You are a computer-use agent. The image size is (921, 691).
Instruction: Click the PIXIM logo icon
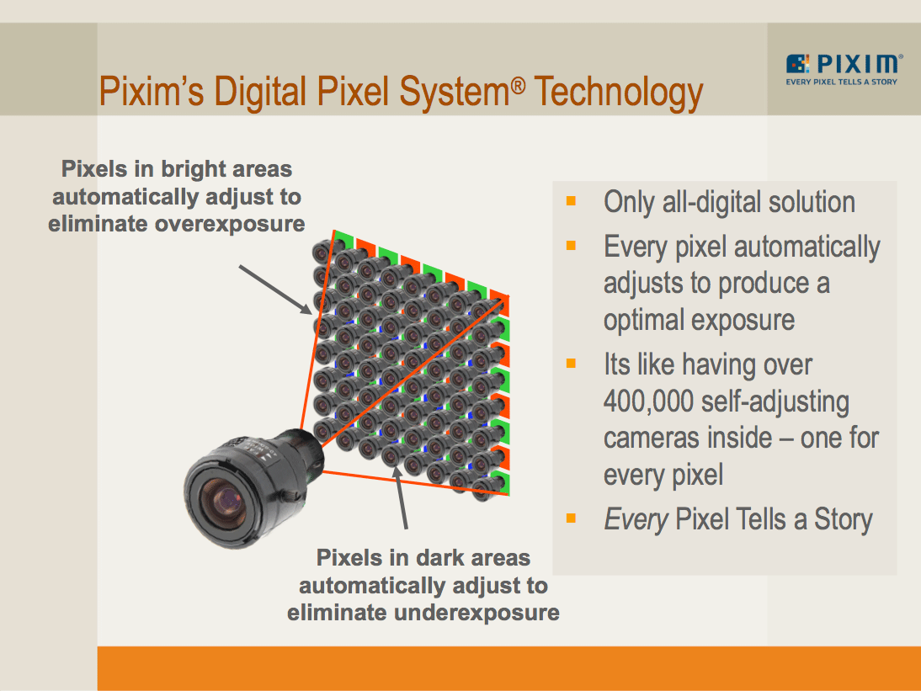[x=798, y=64]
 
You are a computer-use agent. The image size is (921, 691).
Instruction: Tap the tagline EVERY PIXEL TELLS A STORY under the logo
[x=841, y=82]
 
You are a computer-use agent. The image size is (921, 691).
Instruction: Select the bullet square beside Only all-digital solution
[x=572, y=201]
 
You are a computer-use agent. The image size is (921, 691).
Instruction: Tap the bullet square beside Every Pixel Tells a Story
[x=572, y=518]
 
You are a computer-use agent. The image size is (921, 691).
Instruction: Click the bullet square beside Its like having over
[x=572, y=364]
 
